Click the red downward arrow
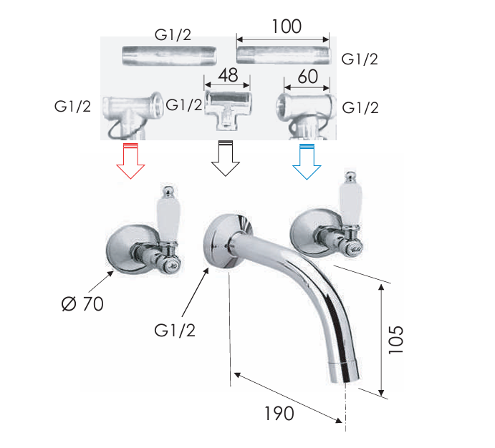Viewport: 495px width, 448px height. [x=130, y=161]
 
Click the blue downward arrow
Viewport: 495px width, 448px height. [x=307, y=161]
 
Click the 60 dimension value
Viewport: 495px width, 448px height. [x=307, y=75]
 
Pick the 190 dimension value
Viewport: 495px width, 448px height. [x=279, y=414]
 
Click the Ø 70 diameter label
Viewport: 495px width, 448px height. [x=82, y=303]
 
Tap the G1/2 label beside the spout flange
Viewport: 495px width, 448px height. [x=175, y=331]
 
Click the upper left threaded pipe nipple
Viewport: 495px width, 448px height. [x=157, y=55]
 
